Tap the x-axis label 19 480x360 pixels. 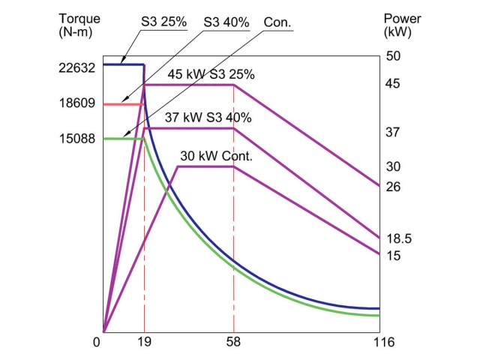pyautogui.click(x=144, y=343)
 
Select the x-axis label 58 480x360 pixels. pyautogui.click(x=234, y=343)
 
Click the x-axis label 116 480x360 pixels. pyautogui.click(x=379, y=343)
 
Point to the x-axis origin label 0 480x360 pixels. pyautogui.click(x=97, y=343)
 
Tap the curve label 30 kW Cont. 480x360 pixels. pyautogui.click(x=215, y=156)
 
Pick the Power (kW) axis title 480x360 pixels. pyautogui.click(x=400, y=26)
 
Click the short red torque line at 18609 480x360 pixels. pyautogui.click(x=123, y=104)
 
